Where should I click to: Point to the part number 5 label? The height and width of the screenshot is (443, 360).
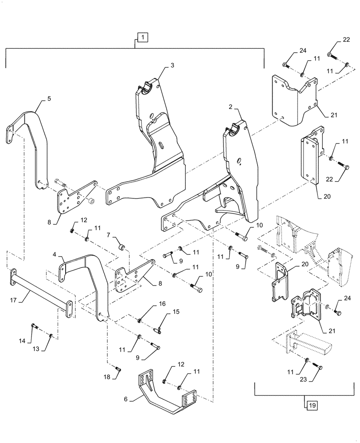pyautogui.click(x=49, y=99)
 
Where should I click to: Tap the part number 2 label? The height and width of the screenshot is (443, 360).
pyautogui.click(x=231, y=107)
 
